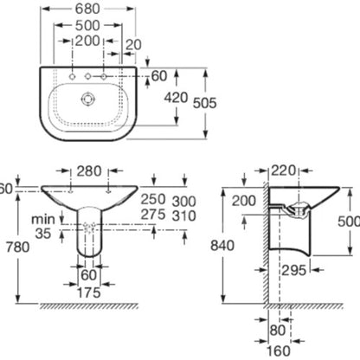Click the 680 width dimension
coord(87,9)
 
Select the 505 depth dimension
coord(204,103)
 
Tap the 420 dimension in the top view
coord(176,98)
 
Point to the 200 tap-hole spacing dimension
coord(87,41)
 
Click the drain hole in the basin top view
coord(87,99)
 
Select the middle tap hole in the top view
coord(87,76)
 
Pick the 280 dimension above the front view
coord(89,171)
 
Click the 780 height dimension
coord(18,247)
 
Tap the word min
coord(43,219)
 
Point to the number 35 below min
coord(43,233)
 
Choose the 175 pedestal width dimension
coord(89,292)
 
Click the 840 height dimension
coord(222,246)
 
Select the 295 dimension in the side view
coord(293,270)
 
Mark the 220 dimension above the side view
coord(284,170)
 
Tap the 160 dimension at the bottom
coord(278,351)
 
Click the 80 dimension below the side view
coord(278,331)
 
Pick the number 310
coord(183,215)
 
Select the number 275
coord(153,215)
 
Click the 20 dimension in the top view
coord(134,45)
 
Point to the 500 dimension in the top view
coord(87,25)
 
